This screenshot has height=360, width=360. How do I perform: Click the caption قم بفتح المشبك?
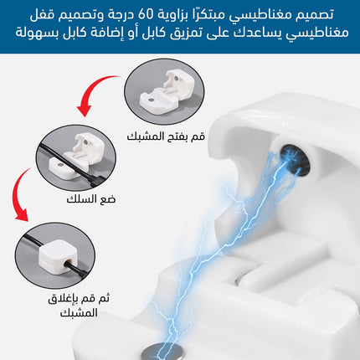pyautogui.click(x=166, y=136)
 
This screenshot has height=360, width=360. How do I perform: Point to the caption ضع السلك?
pyautogui.click(x=91, y=199)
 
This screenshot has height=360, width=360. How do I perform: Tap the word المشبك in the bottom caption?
pyautogui.click(x=79, y=312)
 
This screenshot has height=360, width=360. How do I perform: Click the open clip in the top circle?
pyautogui.click(x=167, y=94)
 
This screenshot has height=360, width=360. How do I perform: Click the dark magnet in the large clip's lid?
pyautogui.click(x=296, y=160)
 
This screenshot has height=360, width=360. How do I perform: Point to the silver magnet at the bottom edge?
pyautogui.click(x=163, y=352)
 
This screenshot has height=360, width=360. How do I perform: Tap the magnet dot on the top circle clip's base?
pyautogui.click(x=151, y=100)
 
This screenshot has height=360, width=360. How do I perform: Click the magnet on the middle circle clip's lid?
pyautogui.click(x=85, y=142)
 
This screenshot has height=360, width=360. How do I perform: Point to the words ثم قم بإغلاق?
pyautogui.click(x=79, y=299)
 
